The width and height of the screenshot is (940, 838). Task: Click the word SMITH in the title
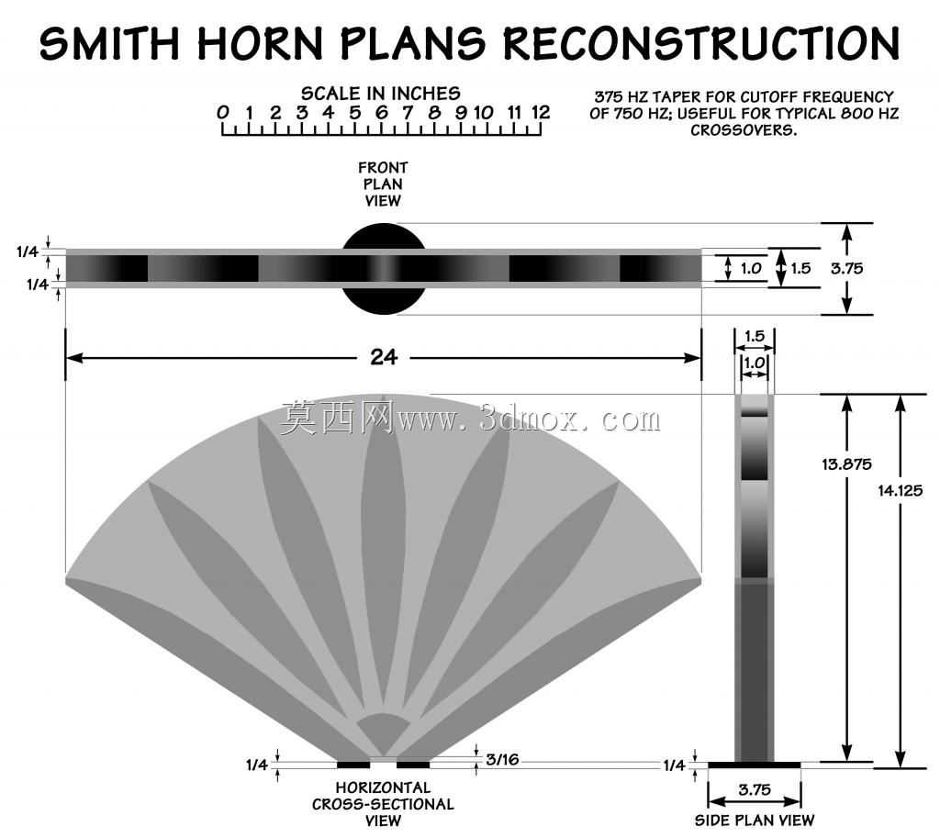coord(110,43)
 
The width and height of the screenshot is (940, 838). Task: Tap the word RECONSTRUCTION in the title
coord(701,43)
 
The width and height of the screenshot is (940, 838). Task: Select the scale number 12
coord(540,112)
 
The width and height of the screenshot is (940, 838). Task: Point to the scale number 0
coord(222,112)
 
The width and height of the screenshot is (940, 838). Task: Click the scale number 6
coord(381,112)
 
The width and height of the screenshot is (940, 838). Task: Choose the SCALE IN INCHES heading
coord(381,94)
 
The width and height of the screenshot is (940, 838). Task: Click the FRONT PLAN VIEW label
coord(383,184)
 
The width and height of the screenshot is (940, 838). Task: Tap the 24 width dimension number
coord(384,357)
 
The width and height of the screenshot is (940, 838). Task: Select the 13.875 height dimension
coord(846,464)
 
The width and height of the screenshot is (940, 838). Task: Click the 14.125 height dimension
coord(901,490)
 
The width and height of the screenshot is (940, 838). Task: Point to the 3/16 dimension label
coord(502,759)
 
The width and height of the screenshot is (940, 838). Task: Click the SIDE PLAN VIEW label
coord(755,820)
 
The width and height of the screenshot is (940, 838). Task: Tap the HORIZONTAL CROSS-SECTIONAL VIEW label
coord(383,804)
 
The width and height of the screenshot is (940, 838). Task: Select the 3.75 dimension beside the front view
coord(847,268)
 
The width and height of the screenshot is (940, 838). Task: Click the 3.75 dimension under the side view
coord(755,789)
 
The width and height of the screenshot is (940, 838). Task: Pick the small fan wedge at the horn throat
coord(383,732)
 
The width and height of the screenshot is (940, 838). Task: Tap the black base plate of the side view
coord(755,765)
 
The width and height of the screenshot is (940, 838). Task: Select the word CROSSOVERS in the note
coord(744,130)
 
